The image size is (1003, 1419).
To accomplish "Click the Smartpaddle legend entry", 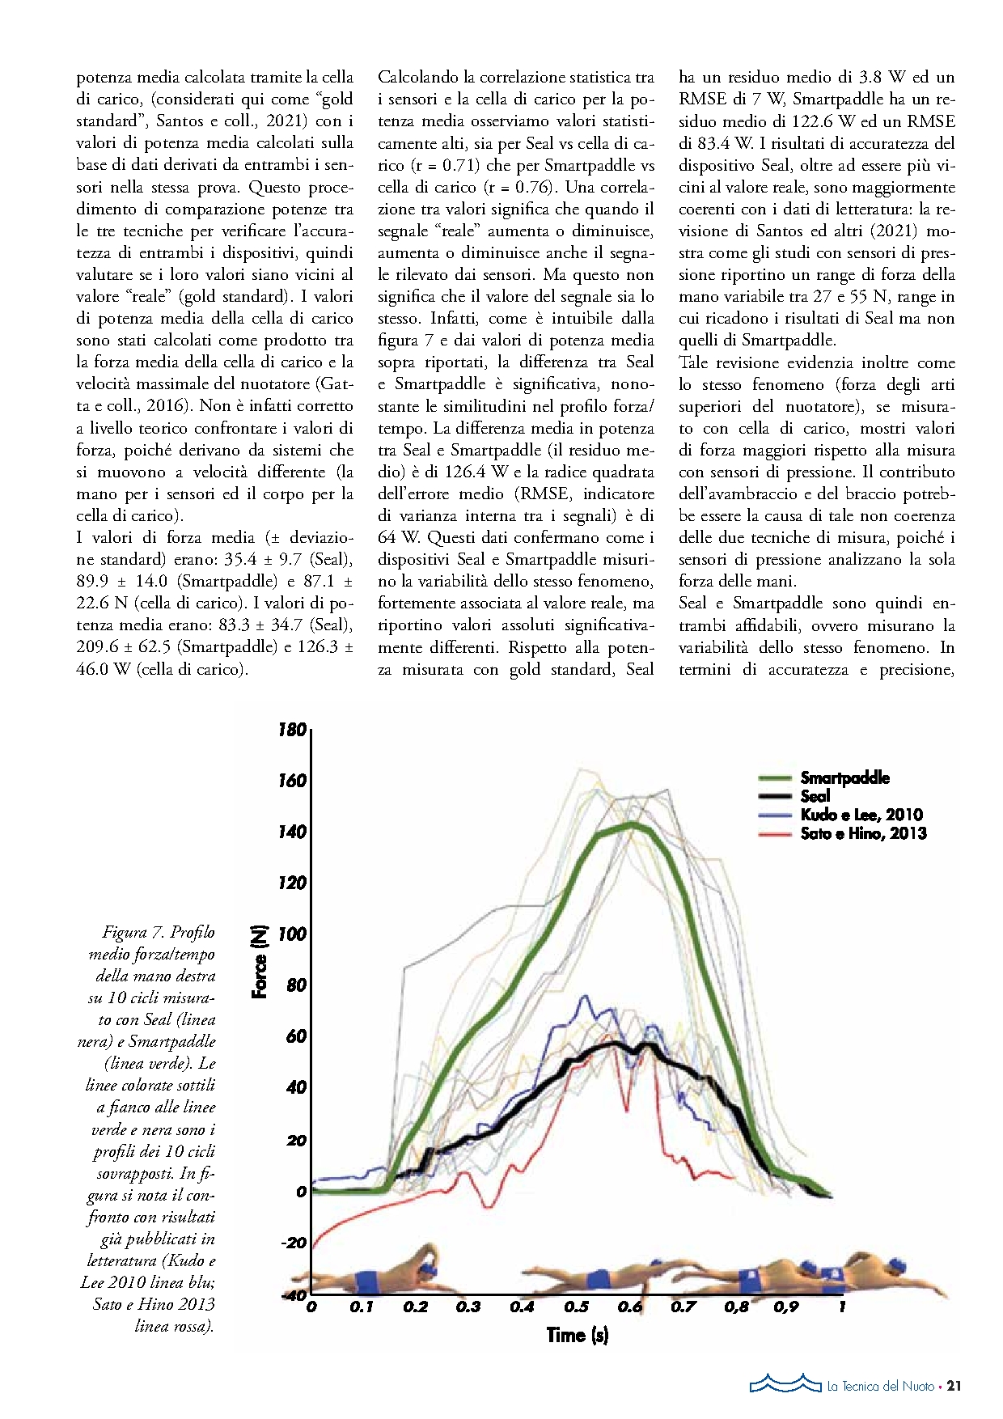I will click(844, 778).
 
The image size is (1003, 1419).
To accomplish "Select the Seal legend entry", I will click(815, 797).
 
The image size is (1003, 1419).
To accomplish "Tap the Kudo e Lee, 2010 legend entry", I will click(861, 815).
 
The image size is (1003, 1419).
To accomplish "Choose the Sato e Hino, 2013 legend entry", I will click(863, 834).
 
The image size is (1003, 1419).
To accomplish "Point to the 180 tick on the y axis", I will click(292, 730).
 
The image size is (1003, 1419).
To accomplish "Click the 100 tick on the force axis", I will click(292, 934).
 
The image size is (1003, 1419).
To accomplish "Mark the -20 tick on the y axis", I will click(294, 1243).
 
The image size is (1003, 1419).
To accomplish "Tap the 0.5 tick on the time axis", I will click(576, 1307).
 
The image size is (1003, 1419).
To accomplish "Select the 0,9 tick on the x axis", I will click(785, 1307).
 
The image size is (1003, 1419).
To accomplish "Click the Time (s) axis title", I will click(577, 1335).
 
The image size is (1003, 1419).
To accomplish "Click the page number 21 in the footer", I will click(954, 1387).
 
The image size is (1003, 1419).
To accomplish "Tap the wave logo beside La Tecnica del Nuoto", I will click(785, 1383).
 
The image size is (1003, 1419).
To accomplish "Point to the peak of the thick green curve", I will click(632, 824).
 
